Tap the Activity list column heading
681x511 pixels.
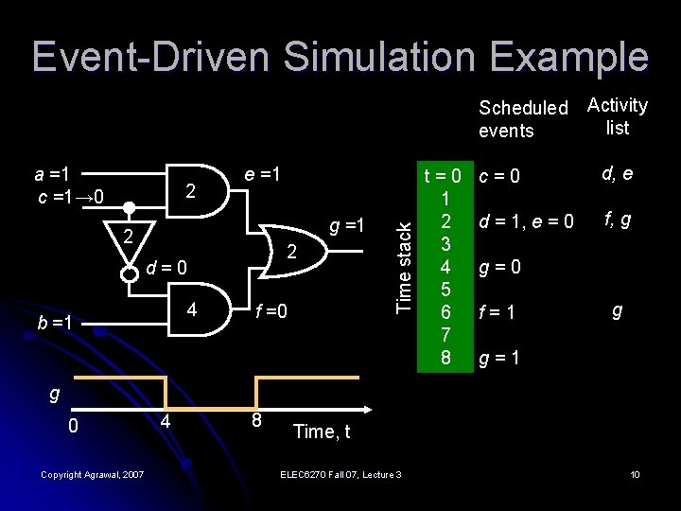tap(617, 115)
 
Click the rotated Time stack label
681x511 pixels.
tap(403, 265)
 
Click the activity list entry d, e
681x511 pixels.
tap(617, 174)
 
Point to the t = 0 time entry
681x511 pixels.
tap(442, 177)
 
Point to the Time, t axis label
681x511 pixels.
tap(322, 432)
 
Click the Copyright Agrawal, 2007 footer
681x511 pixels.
tap(93, 474)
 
